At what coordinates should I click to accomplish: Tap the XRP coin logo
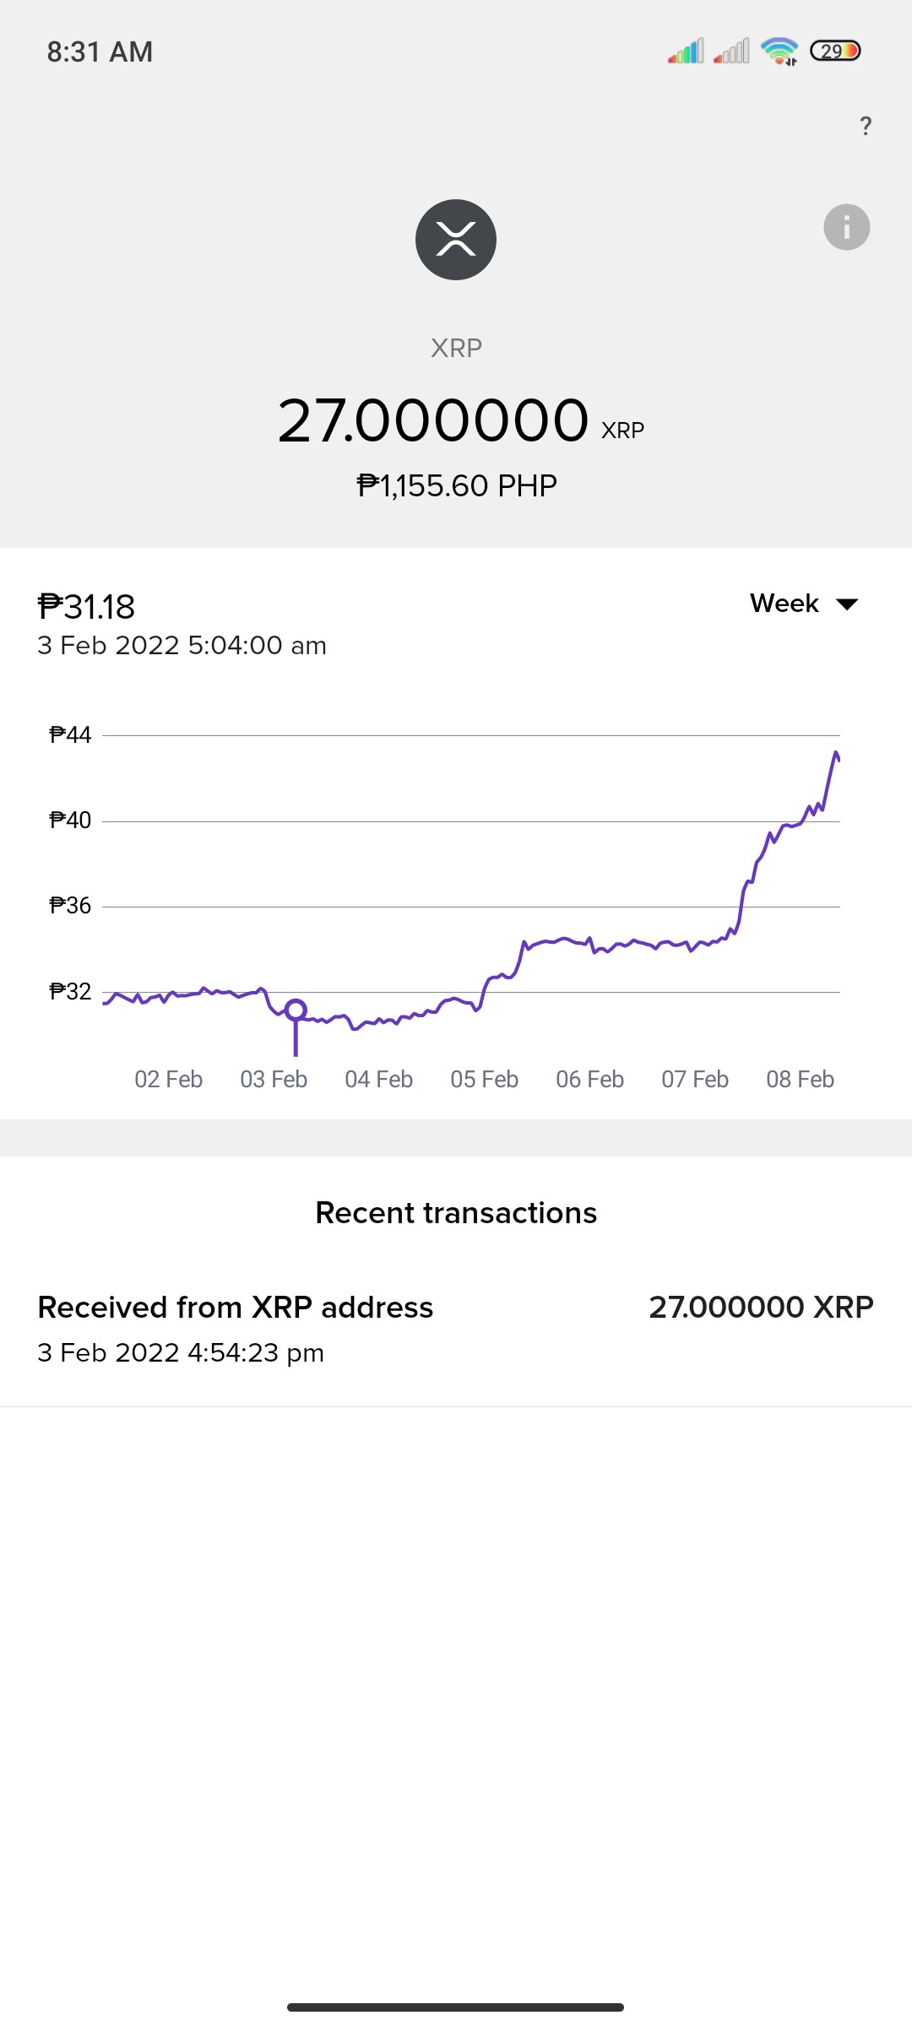pos(456,240)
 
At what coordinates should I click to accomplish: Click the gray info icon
pos(847,227)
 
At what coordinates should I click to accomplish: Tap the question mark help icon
pos(866,126)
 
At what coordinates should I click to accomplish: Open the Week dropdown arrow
pos(847,604)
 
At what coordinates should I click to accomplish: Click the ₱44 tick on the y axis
pos(70,735)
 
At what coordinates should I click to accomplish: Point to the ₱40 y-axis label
pos(70,821)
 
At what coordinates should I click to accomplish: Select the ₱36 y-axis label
pos(70,906)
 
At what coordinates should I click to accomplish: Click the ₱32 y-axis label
pos(70,991)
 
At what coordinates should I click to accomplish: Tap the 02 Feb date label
pos(169,1079)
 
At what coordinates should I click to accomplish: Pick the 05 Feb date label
pos(485,1079)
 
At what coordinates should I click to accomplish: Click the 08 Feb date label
pos(801,1079)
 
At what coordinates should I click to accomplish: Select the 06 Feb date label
pos(590,1079)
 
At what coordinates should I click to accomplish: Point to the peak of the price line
pos(836,751)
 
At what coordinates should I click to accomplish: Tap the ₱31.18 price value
pos(86,607)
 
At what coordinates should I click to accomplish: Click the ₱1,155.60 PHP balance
pos(457,486)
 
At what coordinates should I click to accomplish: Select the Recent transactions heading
pos(456,1213)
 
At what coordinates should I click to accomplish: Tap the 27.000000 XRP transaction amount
pos(761,1308)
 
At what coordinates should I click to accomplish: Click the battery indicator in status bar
pos(835,51)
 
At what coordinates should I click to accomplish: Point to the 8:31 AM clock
pos(100,52)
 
